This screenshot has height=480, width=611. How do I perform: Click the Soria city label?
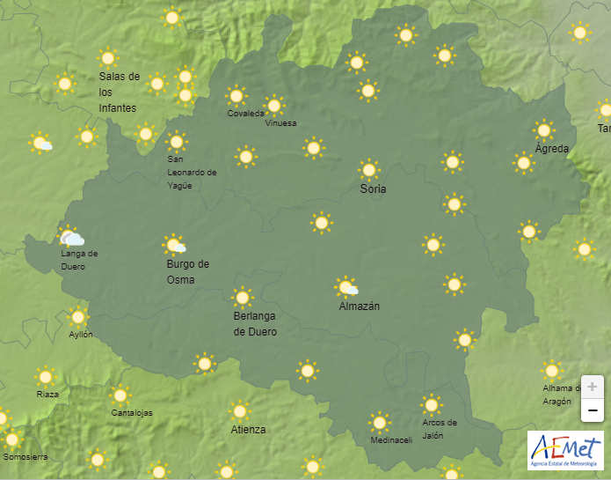tap(373, 189)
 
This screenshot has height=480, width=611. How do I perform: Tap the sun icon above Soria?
tap(369, 169)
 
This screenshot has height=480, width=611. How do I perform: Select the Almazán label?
tap(360, 306)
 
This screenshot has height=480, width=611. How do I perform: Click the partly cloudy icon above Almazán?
tap(346, 286)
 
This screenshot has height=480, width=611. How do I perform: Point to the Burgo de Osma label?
tap(187, 271)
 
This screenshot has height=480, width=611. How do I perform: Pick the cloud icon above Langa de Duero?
tap(70, 238)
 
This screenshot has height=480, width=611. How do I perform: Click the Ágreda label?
tap(552, 149)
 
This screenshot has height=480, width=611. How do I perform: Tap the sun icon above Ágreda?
tap(544, 130)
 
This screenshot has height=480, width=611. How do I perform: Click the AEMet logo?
tap(565, 451)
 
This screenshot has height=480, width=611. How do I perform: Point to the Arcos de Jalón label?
tap(440, 429)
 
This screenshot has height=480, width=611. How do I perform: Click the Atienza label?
tap(248, 430)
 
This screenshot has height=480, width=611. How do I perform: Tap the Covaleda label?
tap(245, 113)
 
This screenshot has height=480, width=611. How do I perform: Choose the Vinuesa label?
tap(280, 123)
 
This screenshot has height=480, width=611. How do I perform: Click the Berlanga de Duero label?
tap(255, 324)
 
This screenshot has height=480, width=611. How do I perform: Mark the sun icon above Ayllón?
tap(78, 317)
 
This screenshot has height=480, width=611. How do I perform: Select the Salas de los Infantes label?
tap(119, 92)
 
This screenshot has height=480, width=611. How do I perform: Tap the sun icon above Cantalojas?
tap(120, 395)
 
